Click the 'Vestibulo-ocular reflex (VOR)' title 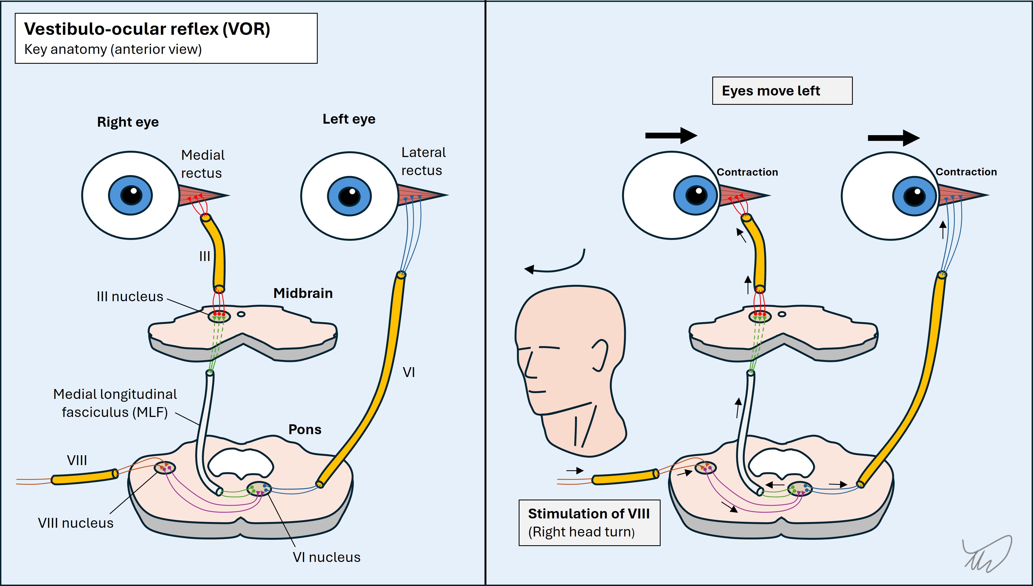tap(147, 29)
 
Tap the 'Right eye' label tap(128, 122)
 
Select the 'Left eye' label tap(349, 119)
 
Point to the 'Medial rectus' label tap(202, 164)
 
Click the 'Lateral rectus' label tap(423, 161)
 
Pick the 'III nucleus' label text tap(130, 297)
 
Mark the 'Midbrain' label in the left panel tap(303, 293)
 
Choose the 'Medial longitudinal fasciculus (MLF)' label tap(115, 403)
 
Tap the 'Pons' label tap(305, 430)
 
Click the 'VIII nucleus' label tap(76, 523)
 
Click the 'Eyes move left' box tap(782, 91)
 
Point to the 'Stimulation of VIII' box tap(589, 523)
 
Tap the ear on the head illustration tap(600, 355)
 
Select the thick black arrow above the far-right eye tap(893, 138)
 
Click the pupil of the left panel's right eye tap(131, 196)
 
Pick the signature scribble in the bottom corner tap(988, 555)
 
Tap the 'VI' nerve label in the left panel tap(409, 372)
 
